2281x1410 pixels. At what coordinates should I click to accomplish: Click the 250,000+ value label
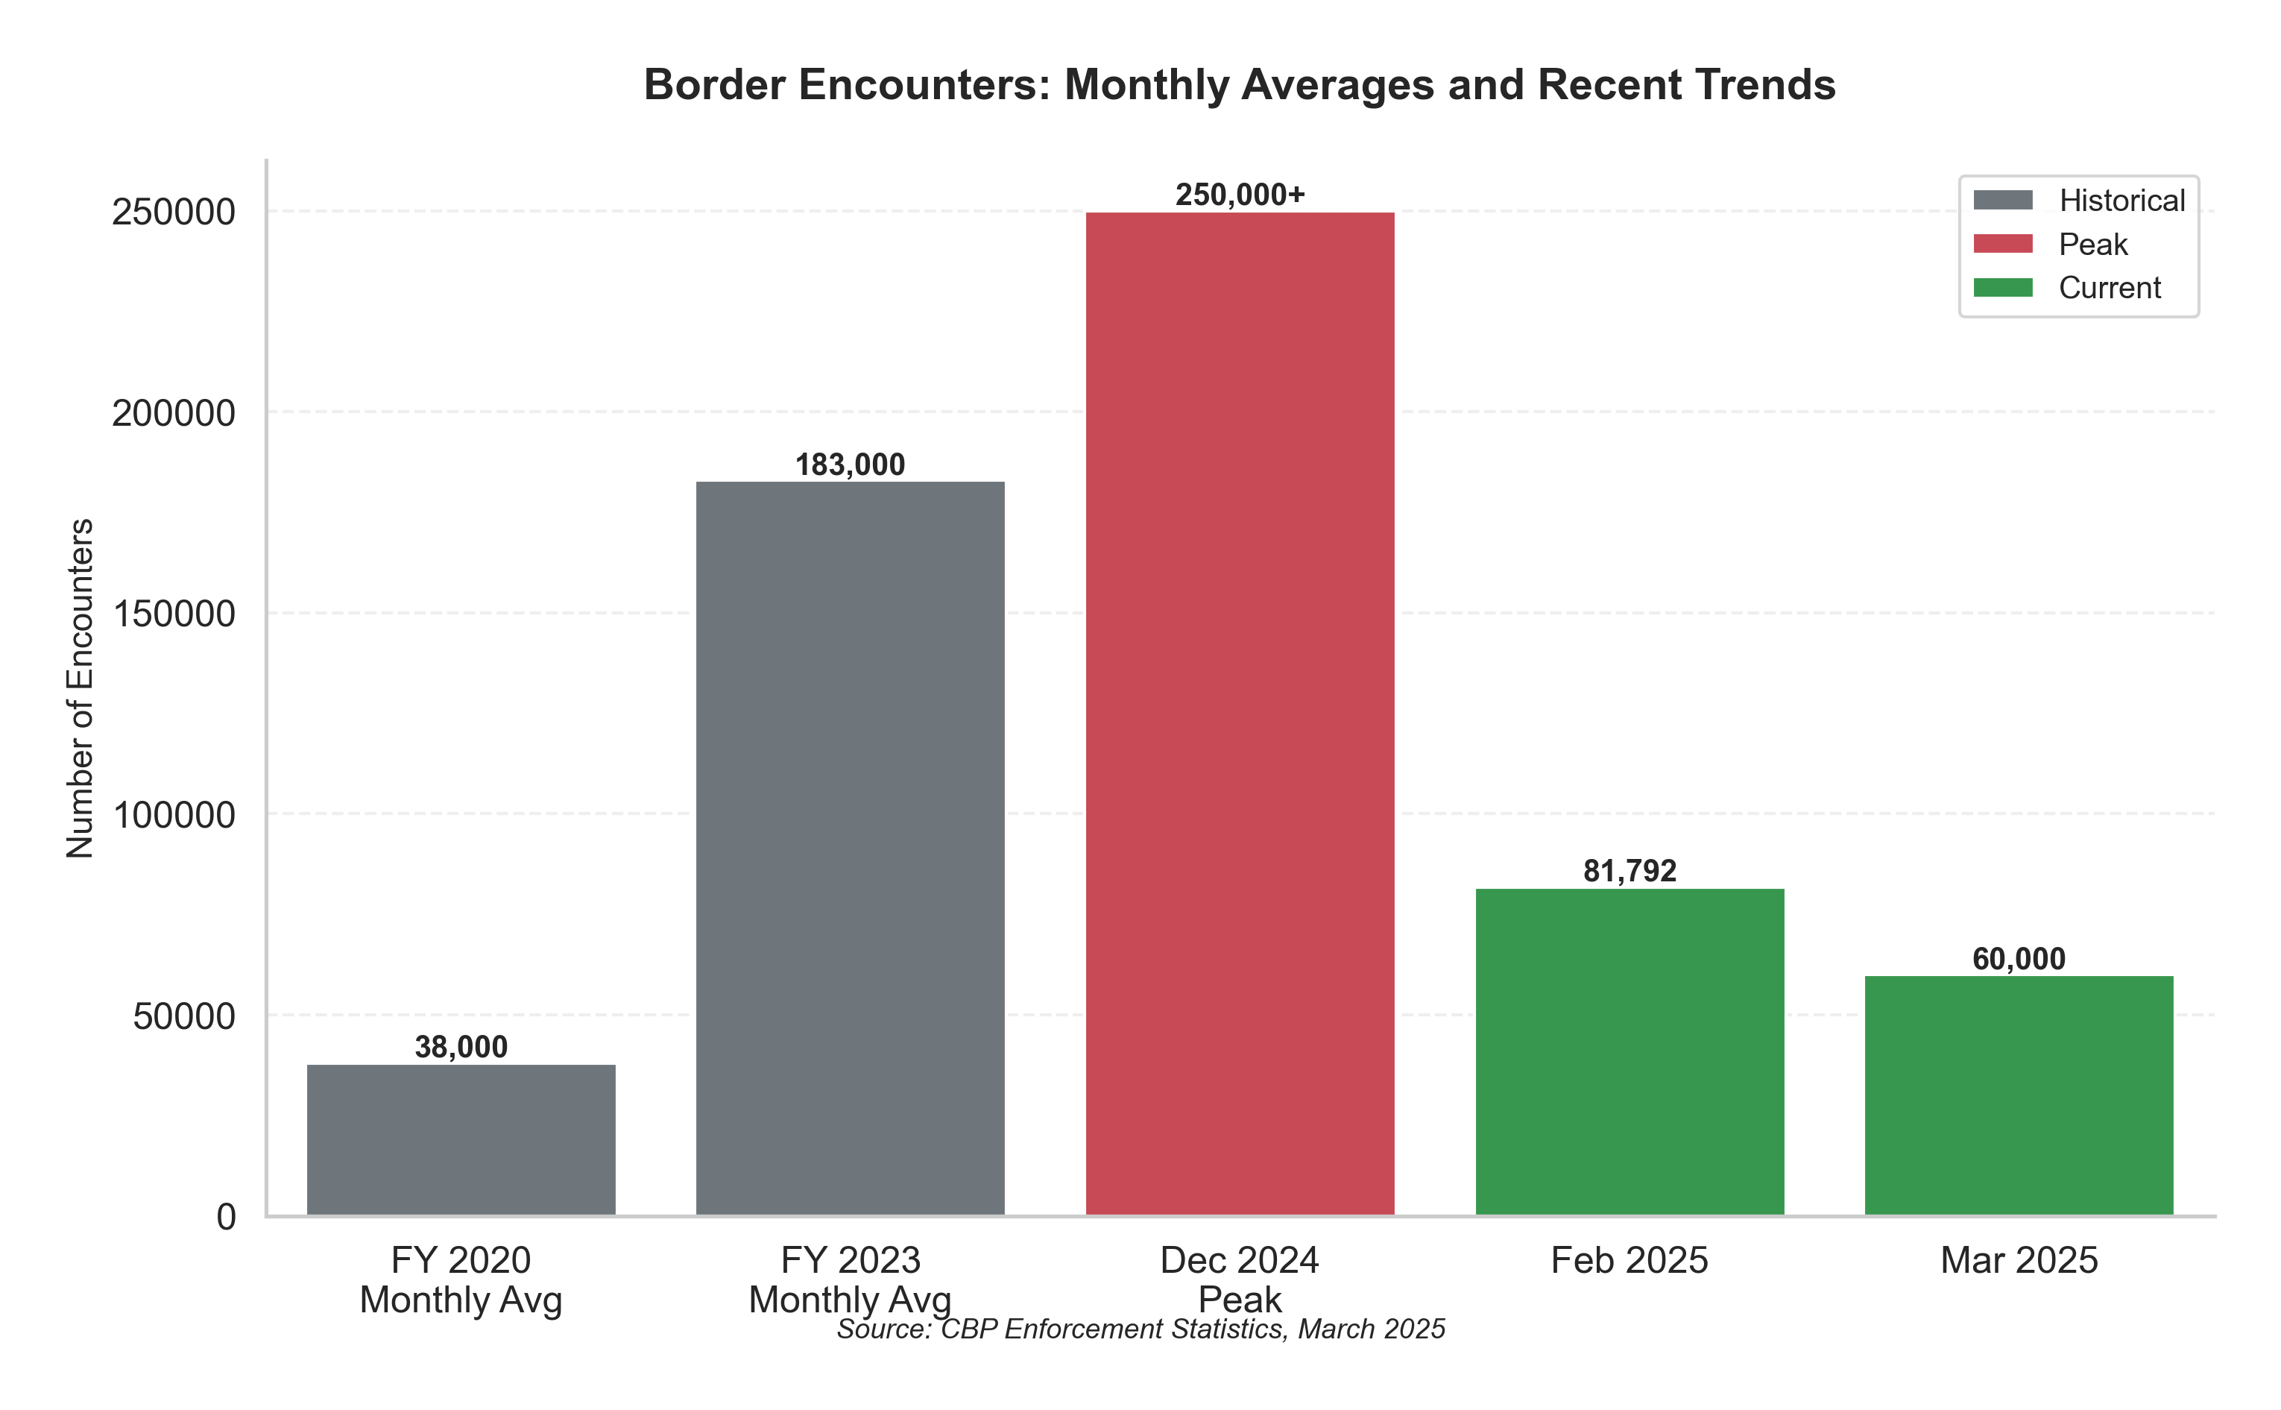tap(1240, 195)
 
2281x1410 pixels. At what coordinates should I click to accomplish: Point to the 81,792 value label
tap(1629, 871)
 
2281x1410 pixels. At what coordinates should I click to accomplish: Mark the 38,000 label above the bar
tap(461, 1047)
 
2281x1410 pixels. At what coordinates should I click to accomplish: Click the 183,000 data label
tap(850, 465)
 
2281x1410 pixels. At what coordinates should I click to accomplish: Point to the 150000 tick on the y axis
tap(174, 614)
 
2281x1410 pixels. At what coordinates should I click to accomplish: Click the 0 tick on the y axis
tap(227, 1217)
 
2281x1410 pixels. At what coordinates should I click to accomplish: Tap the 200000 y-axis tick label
tap(174, 413)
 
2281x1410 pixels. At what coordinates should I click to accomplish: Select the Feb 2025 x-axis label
tap(1629, 1261)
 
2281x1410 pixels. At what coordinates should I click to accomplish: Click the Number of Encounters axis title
tap(81, 688)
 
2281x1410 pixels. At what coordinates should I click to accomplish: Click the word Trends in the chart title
tap(1764, 85)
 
